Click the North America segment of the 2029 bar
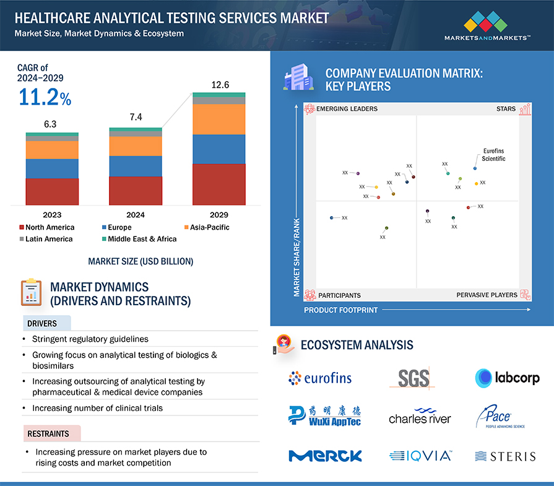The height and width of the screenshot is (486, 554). pyautogui.click(x=219, y=184)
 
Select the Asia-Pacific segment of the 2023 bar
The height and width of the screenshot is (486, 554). pyautogui.click(x=52, y=150)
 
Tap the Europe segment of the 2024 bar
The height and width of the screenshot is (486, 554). pyautogui.click(x=136, y=166)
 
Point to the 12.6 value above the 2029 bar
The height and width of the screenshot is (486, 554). pyautogui.click(x=219, y=84)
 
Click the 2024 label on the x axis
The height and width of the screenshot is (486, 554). pyautogui.click(x=136, y=215)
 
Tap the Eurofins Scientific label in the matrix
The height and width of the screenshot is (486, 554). pyautogui.click(x=493, y=155)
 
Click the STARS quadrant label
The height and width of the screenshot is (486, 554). pyautogui.click(x=506, y=109)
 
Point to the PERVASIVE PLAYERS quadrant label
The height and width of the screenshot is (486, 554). pyautogui.click(x=487, y=295)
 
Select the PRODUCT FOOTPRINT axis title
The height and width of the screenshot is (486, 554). pyautogui.click(x=340, y=310)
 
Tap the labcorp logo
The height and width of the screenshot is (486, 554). pyautogui.click(x=507, y=377)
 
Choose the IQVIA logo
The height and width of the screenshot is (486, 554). pyautogui.click(x=421, y=456)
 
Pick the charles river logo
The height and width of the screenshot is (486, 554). pyautogui.click(x=420, y=417)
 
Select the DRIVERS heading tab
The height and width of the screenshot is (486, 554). pyautogui.click(x=42, y=323)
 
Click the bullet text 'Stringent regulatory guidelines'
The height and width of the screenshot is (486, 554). pyautogui.click(x=90, y=339)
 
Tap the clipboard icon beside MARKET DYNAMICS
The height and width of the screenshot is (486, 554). pyautogui.click(x=31, y=293)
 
